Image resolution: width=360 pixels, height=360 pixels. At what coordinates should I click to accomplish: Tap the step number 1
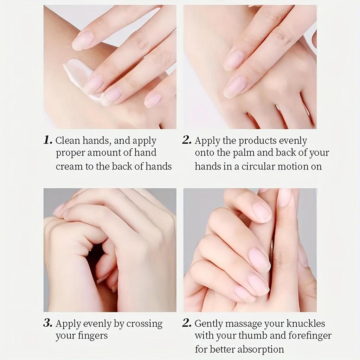pos(47,141)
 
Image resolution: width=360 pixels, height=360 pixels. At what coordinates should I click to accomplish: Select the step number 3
pos(47,323)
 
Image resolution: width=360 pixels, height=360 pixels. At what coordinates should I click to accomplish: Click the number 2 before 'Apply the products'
pos(187,141)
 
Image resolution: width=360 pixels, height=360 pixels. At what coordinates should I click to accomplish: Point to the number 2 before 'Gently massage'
pos(187,323)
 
